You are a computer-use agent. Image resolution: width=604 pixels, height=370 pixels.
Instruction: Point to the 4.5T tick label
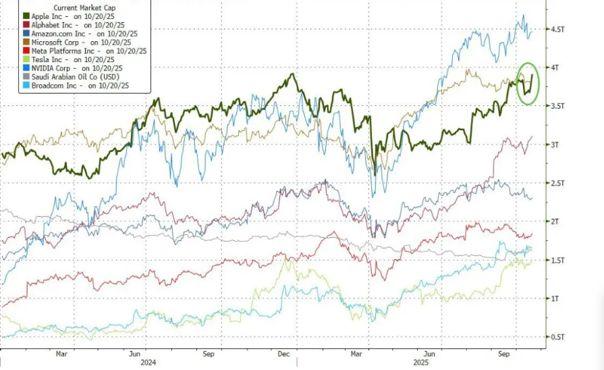(558, 30)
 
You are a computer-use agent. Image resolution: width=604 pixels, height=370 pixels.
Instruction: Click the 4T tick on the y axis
(555, 68)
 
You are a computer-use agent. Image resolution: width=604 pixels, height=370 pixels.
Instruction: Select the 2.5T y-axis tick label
(558, 184)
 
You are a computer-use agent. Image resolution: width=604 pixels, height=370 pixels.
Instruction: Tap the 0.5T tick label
(558, 337)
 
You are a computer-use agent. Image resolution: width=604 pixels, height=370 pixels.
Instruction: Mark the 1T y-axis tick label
(555, 298)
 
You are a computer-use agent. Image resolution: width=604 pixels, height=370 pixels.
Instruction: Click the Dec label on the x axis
(283, 353)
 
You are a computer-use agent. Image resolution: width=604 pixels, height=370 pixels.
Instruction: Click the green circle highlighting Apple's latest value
(526, 83)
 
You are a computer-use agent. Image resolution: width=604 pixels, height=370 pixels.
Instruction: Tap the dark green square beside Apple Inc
(26, 16)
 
